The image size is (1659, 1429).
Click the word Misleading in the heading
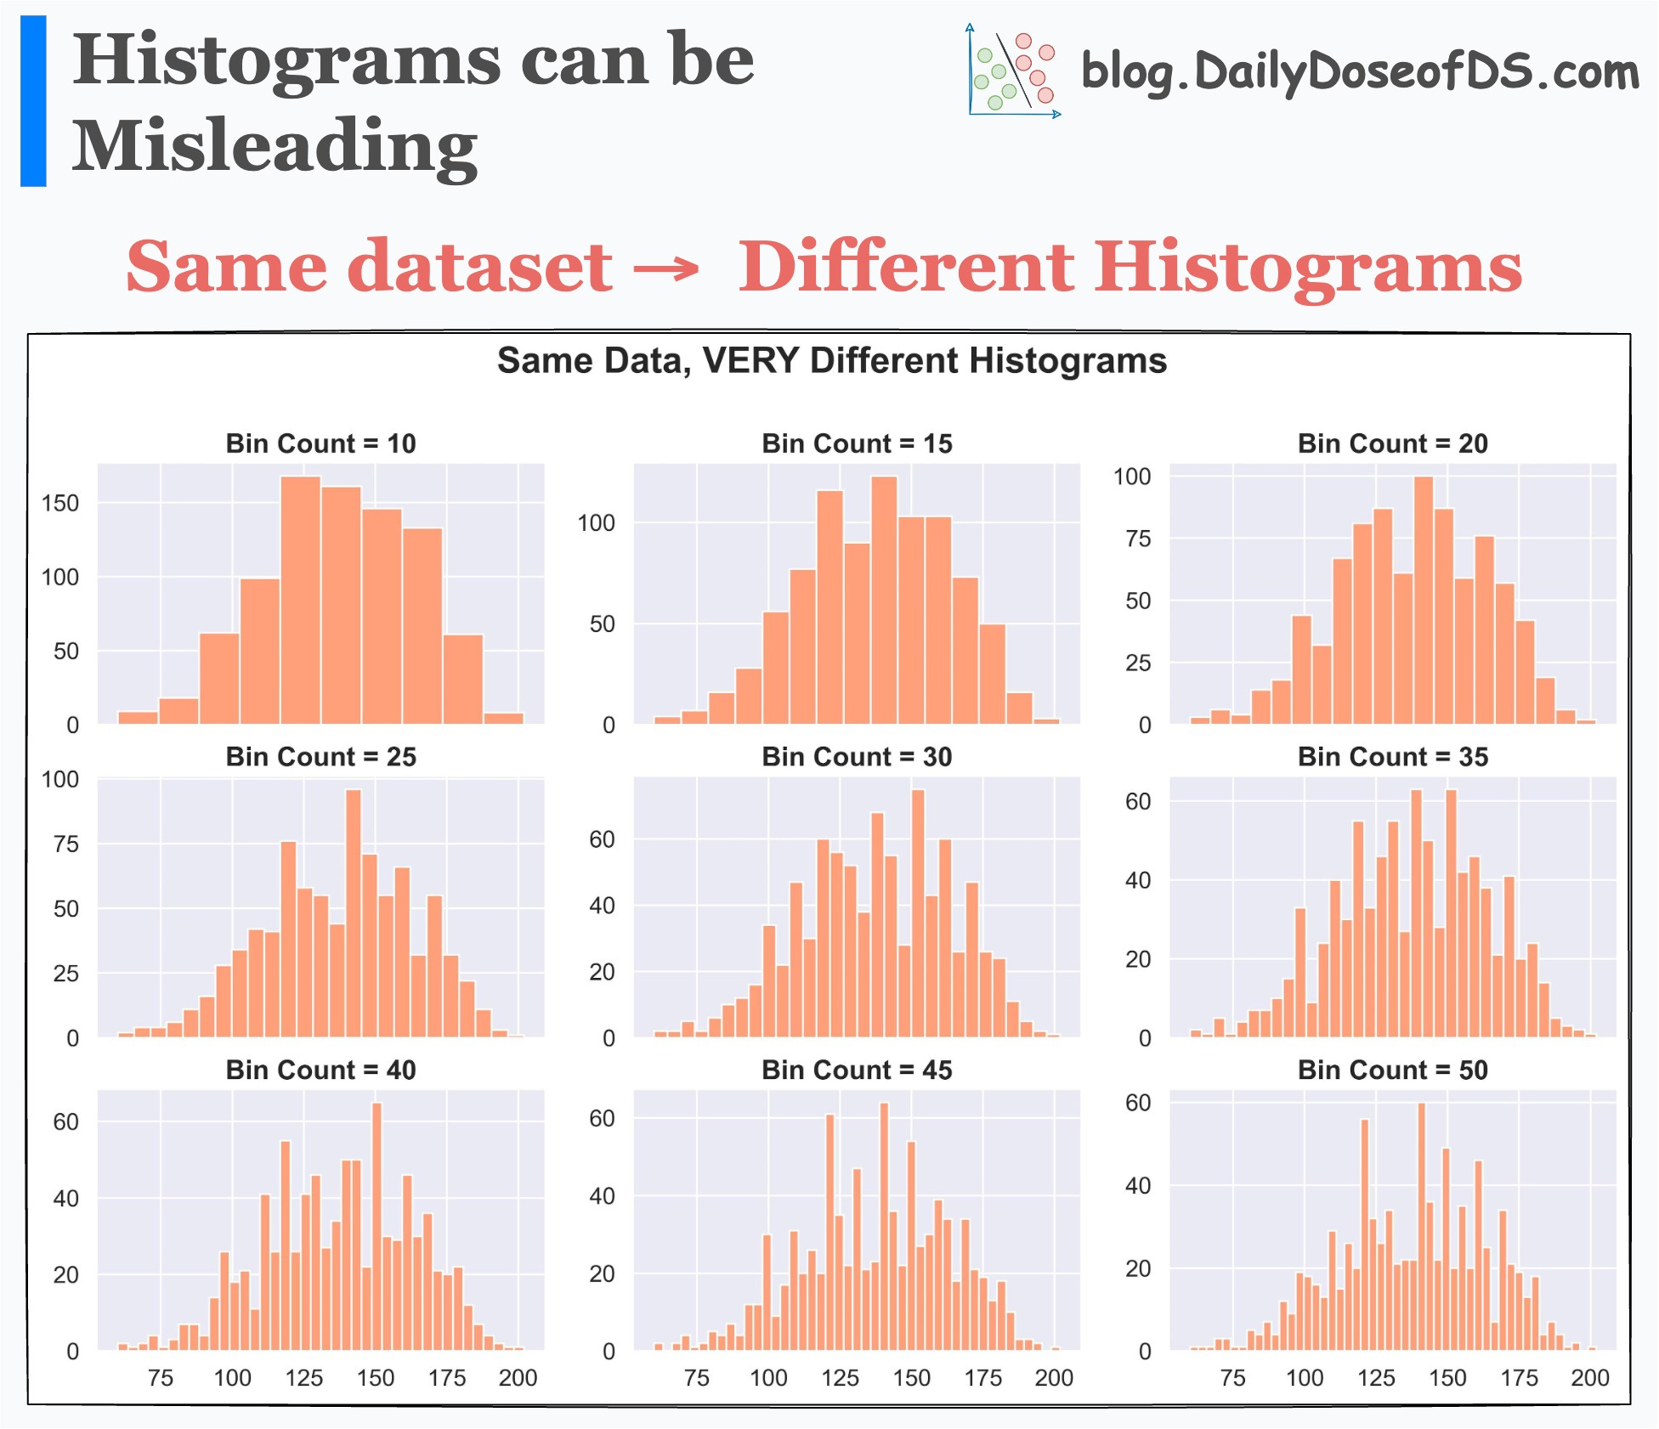[275, 147]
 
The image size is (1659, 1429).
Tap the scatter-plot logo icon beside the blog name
[1013, 71]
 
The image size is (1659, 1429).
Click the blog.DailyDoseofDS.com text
[1359, 72]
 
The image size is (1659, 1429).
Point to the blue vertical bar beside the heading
[33, 101]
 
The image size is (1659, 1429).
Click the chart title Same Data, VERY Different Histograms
[831, 361]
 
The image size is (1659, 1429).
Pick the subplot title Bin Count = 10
[320, 443]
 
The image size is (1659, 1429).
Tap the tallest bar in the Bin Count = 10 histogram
[301, 599]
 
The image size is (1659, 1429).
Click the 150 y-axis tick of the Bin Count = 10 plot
[59, 503]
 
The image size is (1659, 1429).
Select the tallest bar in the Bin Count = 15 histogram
[884, 599]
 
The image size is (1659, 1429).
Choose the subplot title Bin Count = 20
[1392, 443]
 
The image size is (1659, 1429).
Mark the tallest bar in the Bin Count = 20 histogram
[1424, 599]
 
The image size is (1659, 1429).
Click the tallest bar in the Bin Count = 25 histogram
[354, 913]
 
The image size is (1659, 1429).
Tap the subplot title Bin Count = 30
[857, 757]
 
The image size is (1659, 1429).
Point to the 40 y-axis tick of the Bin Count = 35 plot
[1137, 880]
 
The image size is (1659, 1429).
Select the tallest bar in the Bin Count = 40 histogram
[377, 1228]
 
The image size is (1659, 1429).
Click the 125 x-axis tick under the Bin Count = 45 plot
[840, 1377]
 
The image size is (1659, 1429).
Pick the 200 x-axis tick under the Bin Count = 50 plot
[1589, 1377]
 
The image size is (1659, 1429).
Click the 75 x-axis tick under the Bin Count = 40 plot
[161, 1377]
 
